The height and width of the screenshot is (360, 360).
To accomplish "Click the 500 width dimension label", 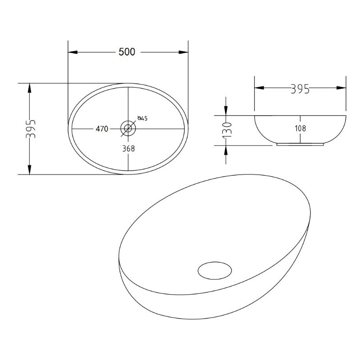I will pos(127,52).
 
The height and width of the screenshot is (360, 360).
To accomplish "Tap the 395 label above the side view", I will pos(300,89).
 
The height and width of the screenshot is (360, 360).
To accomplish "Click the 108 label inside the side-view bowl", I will pos(301,129).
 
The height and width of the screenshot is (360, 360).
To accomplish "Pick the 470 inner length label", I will pos(101,129).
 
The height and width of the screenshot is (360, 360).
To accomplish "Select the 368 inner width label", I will pos(128,148).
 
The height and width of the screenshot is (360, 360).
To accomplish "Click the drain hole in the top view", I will pos(128,129).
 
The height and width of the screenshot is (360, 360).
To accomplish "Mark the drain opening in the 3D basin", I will pos(215,270).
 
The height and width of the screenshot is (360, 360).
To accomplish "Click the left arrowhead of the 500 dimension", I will pos(72,52).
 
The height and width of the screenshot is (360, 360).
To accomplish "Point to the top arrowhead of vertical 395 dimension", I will pos(30,87).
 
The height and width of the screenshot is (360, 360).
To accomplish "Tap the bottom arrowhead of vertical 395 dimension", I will pos(30,170).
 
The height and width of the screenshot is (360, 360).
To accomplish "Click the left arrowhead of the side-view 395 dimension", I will pos(259,89).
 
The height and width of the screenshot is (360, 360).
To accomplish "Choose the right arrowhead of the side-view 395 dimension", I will pos(342,89).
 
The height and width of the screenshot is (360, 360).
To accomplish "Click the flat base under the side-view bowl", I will pos(300,144).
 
